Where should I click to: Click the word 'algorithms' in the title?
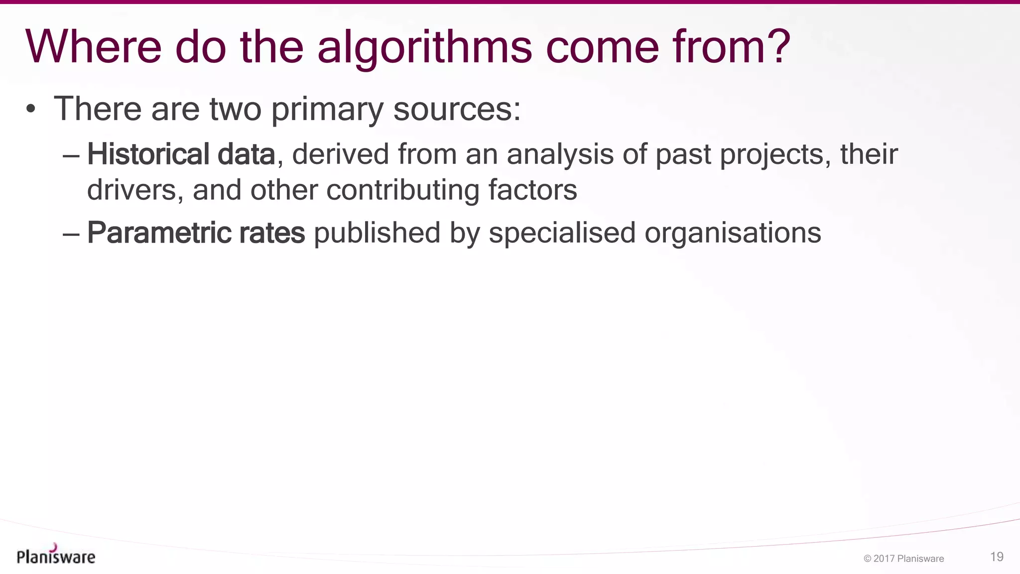coord(424,47)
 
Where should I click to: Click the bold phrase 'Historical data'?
coord(181,154)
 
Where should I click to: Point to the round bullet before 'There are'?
coord(31,109)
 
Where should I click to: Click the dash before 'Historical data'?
coord(71,155)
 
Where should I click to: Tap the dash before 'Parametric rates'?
coord(71,234)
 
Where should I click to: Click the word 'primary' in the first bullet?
coord(327,110)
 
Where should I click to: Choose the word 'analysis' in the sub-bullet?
coord(560,154)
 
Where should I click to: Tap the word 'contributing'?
coord(403,191)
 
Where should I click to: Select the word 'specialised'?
coord(562,233)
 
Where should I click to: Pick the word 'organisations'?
coord(733,233)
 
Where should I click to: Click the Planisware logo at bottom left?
coord(56,555)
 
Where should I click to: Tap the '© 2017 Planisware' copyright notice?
coord(903,559)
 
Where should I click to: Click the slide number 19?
coord(997,557)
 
